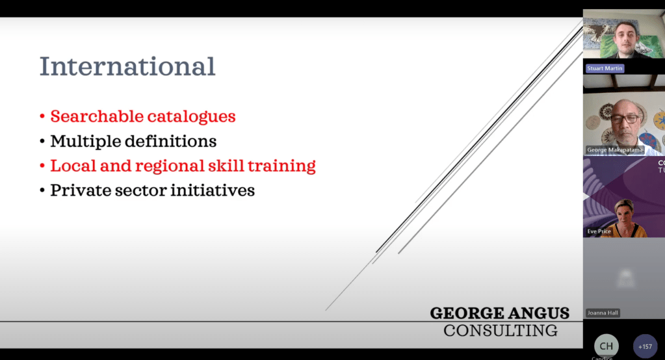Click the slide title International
127,66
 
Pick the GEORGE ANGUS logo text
500,313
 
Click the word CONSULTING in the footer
501,331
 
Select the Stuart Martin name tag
605,68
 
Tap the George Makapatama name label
615,149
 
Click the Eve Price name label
599,231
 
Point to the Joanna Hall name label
603,313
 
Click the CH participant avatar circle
606,346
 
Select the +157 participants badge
645,346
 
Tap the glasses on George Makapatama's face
625,119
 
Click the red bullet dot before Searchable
42,116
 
